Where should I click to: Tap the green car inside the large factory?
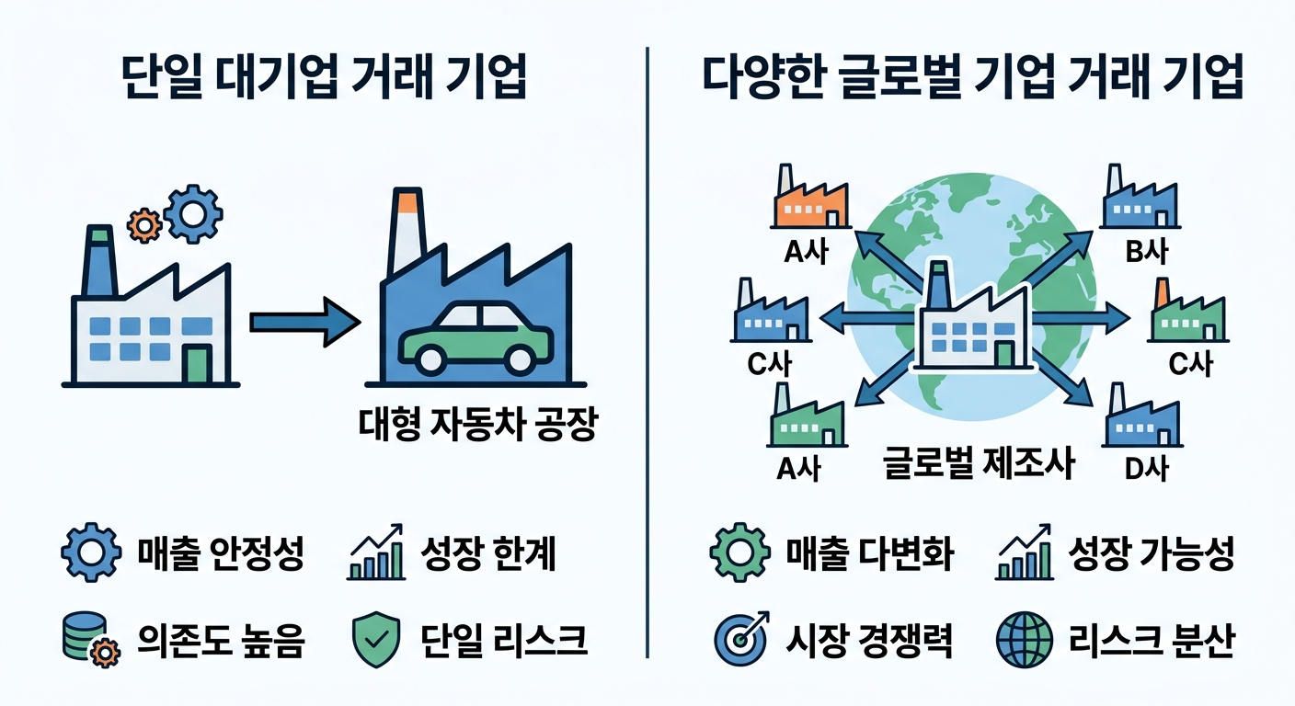[x=476, y=338]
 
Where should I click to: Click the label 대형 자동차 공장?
[x=476, y=425]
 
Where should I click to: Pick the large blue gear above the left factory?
[x=192, y=212]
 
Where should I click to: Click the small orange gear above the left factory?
[x=143, y=222]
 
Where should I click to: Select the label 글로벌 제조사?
[x=978, y=462]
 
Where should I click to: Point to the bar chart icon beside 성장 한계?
[x=376, y=553]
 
